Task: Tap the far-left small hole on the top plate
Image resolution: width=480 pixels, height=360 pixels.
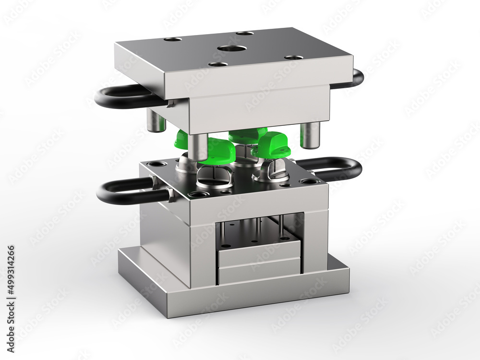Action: pos(172,39)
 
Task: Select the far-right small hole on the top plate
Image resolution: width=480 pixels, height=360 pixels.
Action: pos(293,58)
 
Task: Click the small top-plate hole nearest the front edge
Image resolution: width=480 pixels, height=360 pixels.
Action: pos(218,64)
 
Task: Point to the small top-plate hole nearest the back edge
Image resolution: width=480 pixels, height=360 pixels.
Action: pos(245,33)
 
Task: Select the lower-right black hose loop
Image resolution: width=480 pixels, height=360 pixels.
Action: pos(336,168)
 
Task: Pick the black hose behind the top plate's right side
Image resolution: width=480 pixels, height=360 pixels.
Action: pos(357,78)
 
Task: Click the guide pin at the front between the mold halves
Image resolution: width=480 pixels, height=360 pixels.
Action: pos(198,146)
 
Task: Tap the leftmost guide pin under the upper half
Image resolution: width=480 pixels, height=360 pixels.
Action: pos(156,120)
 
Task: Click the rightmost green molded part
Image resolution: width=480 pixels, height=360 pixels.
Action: pos(272,144)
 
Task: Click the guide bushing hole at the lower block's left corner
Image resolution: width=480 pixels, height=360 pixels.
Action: pos(157,164)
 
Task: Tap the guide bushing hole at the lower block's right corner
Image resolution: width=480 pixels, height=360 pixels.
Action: pos(309,181)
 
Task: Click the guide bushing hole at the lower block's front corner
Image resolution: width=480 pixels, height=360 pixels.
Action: pos(198,194)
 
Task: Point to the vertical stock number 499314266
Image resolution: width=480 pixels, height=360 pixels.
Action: pos(11,286)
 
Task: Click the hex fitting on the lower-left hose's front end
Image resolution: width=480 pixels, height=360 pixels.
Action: pos(170,195)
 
